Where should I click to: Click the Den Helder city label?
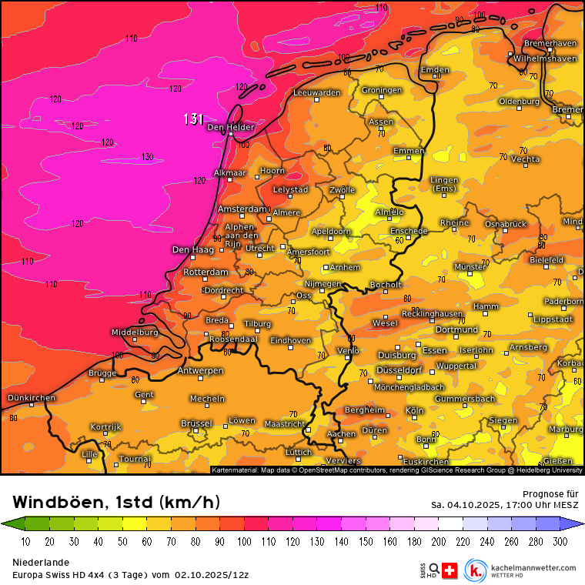230,127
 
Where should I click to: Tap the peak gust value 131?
193,119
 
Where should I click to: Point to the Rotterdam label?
206,272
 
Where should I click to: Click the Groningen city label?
382,90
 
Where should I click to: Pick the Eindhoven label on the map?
291,340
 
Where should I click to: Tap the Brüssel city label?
196,423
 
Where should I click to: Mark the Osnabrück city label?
505,224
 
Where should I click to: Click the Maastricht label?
285,423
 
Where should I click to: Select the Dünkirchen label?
31,398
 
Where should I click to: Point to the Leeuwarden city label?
316,93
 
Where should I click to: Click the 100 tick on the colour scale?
244,542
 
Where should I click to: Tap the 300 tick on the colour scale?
560,542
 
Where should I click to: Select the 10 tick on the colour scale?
25,542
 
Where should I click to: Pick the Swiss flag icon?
451,570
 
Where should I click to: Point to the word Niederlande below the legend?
41,563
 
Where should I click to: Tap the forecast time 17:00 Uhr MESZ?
536,505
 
